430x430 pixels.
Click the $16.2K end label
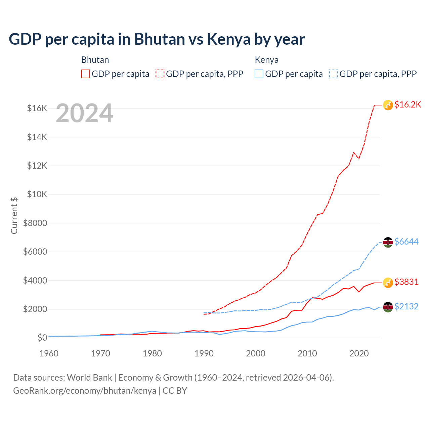(x=407, y=105)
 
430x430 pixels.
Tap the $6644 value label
(x=406, y=242)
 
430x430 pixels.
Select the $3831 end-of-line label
(x=406, y=282)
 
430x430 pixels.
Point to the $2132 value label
(x=406, y=307)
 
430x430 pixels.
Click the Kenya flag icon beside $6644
(x=388, y=242)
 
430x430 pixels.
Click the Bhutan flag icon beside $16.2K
(x=388, y=105)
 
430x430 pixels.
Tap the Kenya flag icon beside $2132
(x=388, y=307)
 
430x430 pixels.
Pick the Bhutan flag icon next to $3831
(x=388, y=283)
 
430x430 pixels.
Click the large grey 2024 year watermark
(x=84, y=113)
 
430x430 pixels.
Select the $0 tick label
(x=42, y=338)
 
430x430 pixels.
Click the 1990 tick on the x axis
(x=204, y=353)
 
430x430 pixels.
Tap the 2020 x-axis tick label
(x=359, y=353)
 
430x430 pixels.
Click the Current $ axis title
(x=14, y=215)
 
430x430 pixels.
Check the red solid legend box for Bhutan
(x=86, y=74)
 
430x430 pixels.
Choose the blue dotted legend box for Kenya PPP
(x=334, y=74)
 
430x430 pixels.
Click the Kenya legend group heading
(x=266, y=60)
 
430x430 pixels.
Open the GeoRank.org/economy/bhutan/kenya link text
(x=85, y=391)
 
